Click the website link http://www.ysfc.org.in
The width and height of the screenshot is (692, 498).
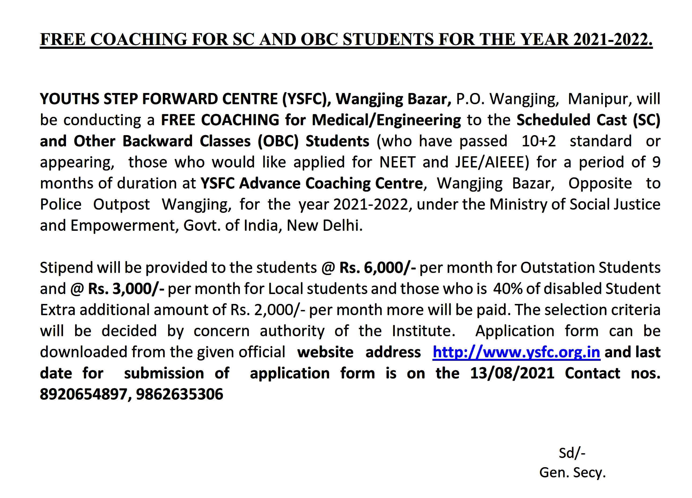516,352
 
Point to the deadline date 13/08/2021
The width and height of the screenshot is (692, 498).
512,373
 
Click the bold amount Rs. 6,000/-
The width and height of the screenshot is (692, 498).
377,268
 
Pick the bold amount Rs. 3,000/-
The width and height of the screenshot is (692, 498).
126,289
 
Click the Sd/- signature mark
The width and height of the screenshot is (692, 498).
572,453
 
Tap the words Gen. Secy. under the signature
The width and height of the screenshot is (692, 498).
572,473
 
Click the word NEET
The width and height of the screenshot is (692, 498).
397,162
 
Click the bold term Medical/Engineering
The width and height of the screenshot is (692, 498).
386,120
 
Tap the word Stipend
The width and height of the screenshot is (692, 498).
66,268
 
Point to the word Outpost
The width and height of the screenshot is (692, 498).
122,204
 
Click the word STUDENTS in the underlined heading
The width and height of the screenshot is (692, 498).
388,40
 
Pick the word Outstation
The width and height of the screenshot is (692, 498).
557,268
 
